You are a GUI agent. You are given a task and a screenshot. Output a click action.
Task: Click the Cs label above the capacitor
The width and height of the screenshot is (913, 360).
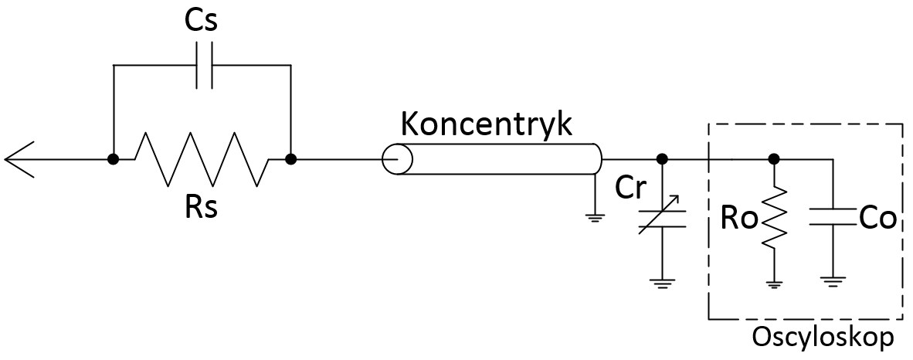(x=202, y=21)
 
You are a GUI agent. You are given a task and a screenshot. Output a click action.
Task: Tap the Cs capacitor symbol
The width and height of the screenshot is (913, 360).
(x=202, y=66)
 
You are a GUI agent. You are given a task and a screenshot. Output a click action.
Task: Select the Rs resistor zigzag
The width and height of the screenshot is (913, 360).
(x=202, y=160)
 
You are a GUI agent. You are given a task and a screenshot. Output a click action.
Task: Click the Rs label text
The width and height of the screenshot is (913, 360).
(x=202, y=207)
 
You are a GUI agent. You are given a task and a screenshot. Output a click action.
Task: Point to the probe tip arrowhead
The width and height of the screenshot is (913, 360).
(x=19, y=160)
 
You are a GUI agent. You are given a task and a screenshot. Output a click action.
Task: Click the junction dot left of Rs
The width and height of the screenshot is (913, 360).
(x=113, y=160)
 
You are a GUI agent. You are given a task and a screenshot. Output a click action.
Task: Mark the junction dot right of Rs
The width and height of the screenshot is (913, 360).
(x=290, y=160)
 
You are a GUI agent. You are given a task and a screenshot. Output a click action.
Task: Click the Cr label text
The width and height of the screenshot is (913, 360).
(x=630, y=188)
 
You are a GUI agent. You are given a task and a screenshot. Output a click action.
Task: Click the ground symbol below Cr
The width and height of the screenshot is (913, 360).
(x=662, y=284)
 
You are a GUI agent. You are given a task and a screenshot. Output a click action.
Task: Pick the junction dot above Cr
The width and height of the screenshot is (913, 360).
(x=662, y=160)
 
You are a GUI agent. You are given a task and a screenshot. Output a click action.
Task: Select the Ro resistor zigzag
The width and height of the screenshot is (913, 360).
(x=773, y=219)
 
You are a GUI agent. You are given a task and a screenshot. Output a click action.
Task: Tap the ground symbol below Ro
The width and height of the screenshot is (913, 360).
(x=773, y=284)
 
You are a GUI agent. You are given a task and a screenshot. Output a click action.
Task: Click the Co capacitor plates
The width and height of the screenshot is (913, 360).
(x=833, y=219)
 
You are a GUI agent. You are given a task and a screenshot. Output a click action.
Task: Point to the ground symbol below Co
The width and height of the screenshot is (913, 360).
(x=833, y=284)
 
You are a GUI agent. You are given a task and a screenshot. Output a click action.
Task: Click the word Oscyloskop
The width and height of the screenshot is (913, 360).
(x=823, y=338)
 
